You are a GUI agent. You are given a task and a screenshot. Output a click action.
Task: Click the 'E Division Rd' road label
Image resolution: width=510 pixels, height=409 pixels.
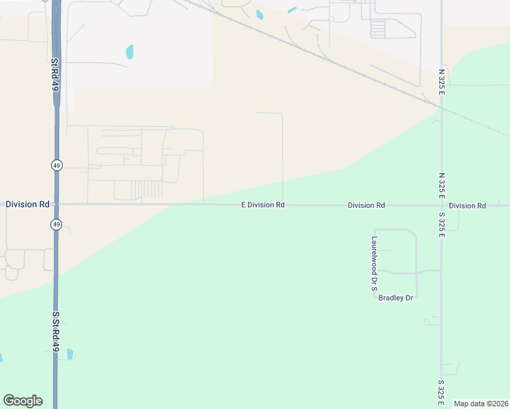coord(262,204)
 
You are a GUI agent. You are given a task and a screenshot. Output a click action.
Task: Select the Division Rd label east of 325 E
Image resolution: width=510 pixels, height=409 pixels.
coord(467,205)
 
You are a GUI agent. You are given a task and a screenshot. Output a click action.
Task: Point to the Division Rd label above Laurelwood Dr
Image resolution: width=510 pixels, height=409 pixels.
coord(366,205)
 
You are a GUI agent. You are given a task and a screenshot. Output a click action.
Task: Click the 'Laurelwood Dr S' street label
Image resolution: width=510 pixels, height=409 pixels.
coord(374,264)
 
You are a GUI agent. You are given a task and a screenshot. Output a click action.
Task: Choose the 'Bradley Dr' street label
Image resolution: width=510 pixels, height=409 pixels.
coord(396,298)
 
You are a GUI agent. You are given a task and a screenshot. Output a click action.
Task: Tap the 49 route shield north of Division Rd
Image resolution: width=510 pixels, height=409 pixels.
coord(56,165)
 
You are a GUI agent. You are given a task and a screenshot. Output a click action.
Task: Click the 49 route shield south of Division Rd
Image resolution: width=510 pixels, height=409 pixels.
coord(56,224)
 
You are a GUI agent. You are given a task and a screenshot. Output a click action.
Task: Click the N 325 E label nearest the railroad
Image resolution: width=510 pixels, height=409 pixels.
coord(442,81)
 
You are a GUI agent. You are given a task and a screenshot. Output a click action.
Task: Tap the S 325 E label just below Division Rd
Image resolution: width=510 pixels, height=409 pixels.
coord(442,224)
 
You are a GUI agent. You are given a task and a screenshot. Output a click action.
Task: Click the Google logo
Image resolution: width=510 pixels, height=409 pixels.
coord(22,401)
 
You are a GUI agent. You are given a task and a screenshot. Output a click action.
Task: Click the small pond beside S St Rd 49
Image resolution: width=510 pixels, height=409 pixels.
coord(70,354)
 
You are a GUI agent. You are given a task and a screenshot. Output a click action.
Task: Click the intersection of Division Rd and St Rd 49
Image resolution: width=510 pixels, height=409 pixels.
coord(56,204)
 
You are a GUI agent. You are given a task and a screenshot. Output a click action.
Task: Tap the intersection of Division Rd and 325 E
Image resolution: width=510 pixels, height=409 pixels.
coord(441,204)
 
